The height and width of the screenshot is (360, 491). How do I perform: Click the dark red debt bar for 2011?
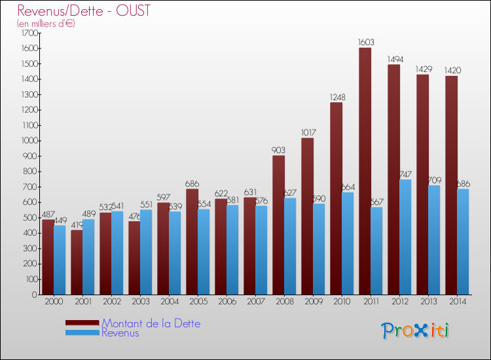pos(365,171)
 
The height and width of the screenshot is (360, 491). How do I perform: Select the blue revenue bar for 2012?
pos(405,237)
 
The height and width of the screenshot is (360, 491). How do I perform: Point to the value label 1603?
pos(365,43)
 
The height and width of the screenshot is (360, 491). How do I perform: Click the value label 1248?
pos(336,98)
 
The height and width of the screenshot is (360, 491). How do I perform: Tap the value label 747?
pos(407,175)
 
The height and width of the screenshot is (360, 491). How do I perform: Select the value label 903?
pos(279,151)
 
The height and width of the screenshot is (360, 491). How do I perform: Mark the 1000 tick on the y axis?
pos(29,141)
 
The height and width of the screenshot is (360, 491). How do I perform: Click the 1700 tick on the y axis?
pos(29,33)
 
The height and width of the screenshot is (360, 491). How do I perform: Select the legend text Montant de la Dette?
pos(151,323)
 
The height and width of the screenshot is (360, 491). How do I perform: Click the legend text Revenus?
pos(120,333)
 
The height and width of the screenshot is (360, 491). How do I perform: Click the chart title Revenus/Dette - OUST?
pos(84,10)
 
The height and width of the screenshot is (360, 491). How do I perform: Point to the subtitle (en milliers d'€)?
pos(46,24)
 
